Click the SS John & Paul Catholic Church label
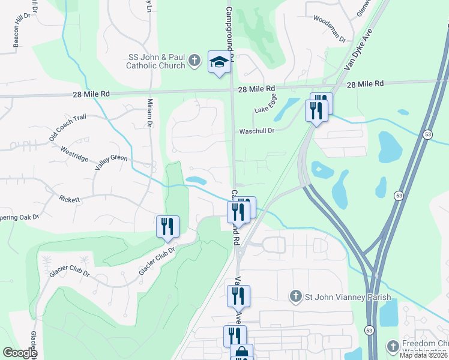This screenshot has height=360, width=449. [156, 62]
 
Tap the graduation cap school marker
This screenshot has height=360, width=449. [219, 62]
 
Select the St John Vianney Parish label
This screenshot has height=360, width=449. [348, 297]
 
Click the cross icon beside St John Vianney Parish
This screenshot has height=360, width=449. [295, 296]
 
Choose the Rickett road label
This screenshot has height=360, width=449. [69, 199]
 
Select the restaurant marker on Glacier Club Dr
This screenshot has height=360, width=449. [167, 227]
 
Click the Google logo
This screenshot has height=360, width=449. [20, 353]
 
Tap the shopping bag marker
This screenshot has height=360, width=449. [241, 352]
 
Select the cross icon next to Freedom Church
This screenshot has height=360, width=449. [393, 347]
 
